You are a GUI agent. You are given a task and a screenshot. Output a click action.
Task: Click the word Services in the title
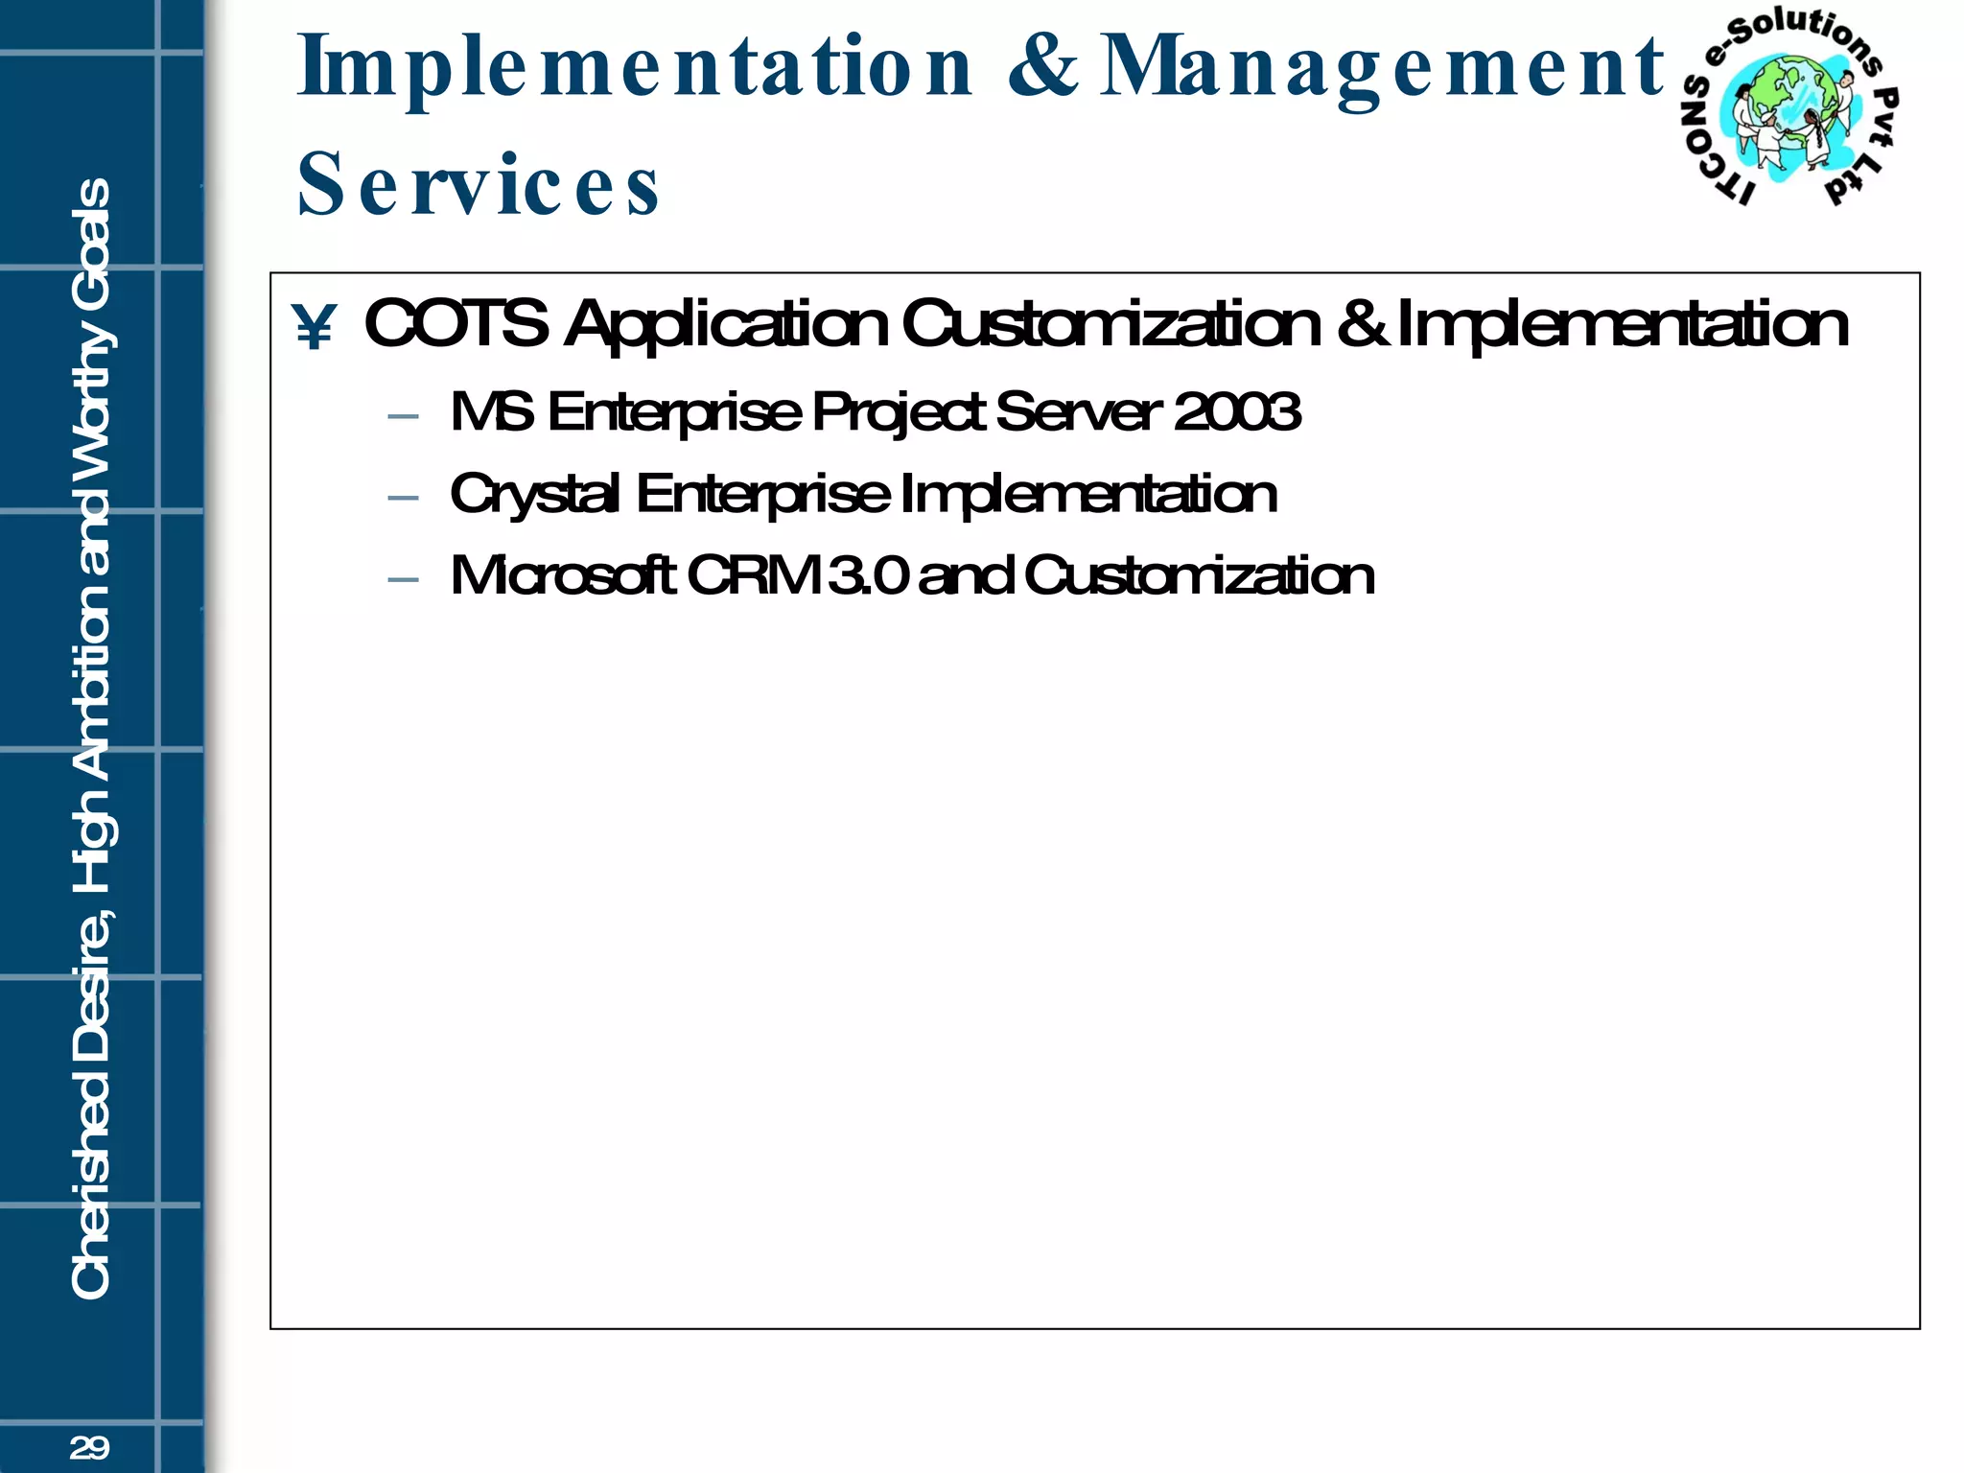[x=479, y=184]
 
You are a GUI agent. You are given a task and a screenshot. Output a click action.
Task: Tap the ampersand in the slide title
[x=1042, y=66]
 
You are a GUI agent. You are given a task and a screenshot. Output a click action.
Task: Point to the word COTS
[x=456, y=324]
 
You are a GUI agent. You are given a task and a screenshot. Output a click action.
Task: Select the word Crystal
[x=534, y=496]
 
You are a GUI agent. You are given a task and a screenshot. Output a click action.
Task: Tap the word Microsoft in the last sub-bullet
[x=563, y=576]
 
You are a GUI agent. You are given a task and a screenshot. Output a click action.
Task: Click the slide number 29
[x=89, y=1447]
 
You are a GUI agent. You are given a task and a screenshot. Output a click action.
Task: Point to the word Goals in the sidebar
[x=92, y=235]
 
